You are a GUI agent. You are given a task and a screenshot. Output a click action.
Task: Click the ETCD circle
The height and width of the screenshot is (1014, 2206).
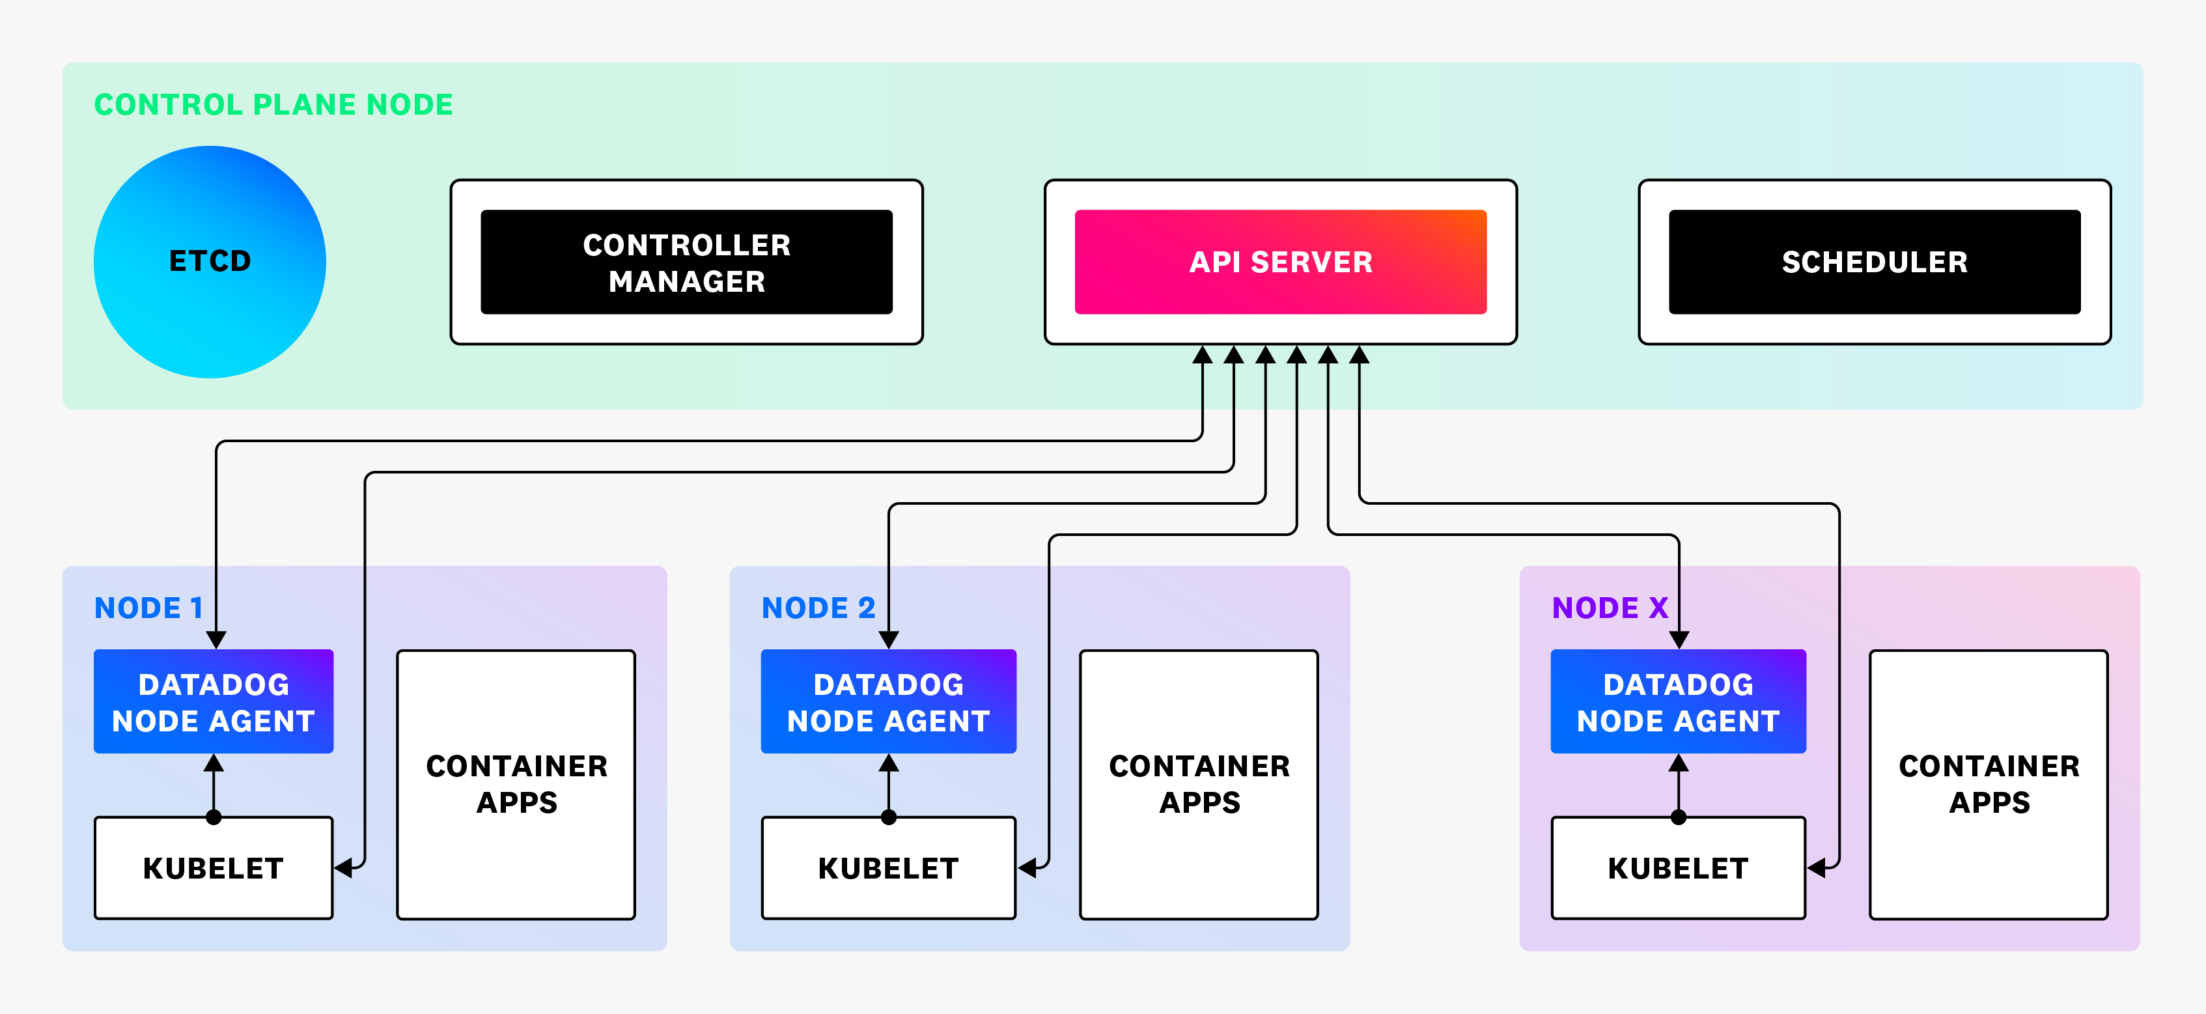[x=210, y=261]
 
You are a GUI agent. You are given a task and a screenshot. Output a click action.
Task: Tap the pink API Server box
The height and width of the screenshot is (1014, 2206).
[x=1280, y=262]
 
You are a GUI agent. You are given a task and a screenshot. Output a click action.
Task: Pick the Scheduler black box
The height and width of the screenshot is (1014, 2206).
[x=1874, y=262]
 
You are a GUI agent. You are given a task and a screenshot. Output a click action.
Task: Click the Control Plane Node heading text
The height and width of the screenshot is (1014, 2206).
[x=273, y=104]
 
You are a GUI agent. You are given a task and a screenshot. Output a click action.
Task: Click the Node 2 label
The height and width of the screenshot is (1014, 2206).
[x=818, y=608]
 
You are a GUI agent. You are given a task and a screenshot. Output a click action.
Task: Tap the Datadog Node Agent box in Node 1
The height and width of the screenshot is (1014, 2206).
[x=213, y=702]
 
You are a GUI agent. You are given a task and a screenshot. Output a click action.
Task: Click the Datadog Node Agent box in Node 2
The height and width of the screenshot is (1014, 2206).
[x=888, y=702]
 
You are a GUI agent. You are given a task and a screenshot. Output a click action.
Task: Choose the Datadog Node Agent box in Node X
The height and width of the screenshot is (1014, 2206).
[x=1678, y=702]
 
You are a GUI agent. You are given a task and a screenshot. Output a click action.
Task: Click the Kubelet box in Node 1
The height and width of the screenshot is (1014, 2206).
[x=213, y=868]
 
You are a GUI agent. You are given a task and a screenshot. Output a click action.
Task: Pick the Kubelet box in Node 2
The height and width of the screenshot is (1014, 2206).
[x=888, y=868]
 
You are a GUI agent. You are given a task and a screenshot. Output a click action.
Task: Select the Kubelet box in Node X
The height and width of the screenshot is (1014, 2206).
[x=1678, y=868]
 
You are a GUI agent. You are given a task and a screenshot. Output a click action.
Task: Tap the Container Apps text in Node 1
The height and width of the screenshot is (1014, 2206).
[x=516, y=783]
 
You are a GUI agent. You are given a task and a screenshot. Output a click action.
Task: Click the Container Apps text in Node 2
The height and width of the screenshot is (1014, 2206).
[x=1199, y=783]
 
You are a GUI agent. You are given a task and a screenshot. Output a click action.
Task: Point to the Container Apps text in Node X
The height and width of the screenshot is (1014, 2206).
[x=1989, y=783]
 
